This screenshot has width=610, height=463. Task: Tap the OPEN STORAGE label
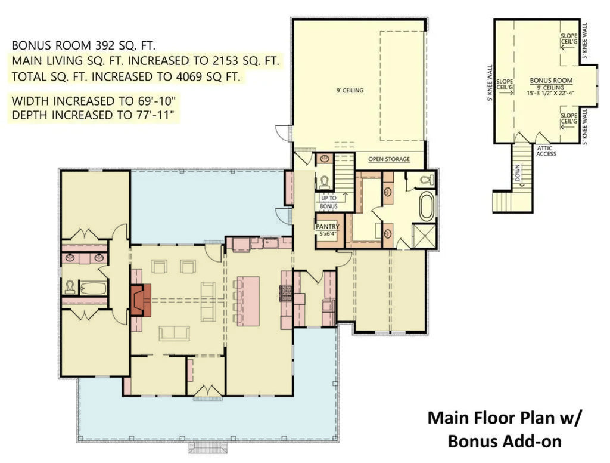[389, 159]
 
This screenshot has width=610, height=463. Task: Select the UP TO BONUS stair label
[328, 202]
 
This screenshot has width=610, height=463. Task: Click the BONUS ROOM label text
[551, 80]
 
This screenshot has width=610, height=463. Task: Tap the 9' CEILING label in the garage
[349, 91]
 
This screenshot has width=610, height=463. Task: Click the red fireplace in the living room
[141, 300]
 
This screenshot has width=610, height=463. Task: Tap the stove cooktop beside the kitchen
[285, 294]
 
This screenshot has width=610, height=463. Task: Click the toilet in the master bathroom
[427, 179]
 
